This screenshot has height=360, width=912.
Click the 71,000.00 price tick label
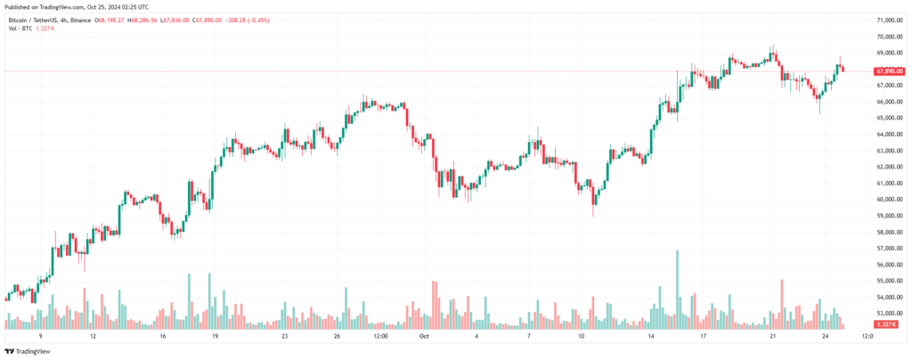[890, 20]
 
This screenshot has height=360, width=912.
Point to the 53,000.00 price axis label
[890, 313]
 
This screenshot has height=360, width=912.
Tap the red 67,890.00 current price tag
[890, 70]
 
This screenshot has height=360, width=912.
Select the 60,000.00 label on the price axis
[890, 199]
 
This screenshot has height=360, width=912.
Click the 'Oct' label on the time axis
[425, 337]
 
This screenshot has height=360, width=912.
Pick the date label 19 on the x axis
[215, 337]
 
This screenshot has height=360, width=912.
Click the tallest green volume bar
[678, 290]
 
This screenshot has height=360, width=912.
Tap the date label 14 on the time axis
[652, 337]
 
